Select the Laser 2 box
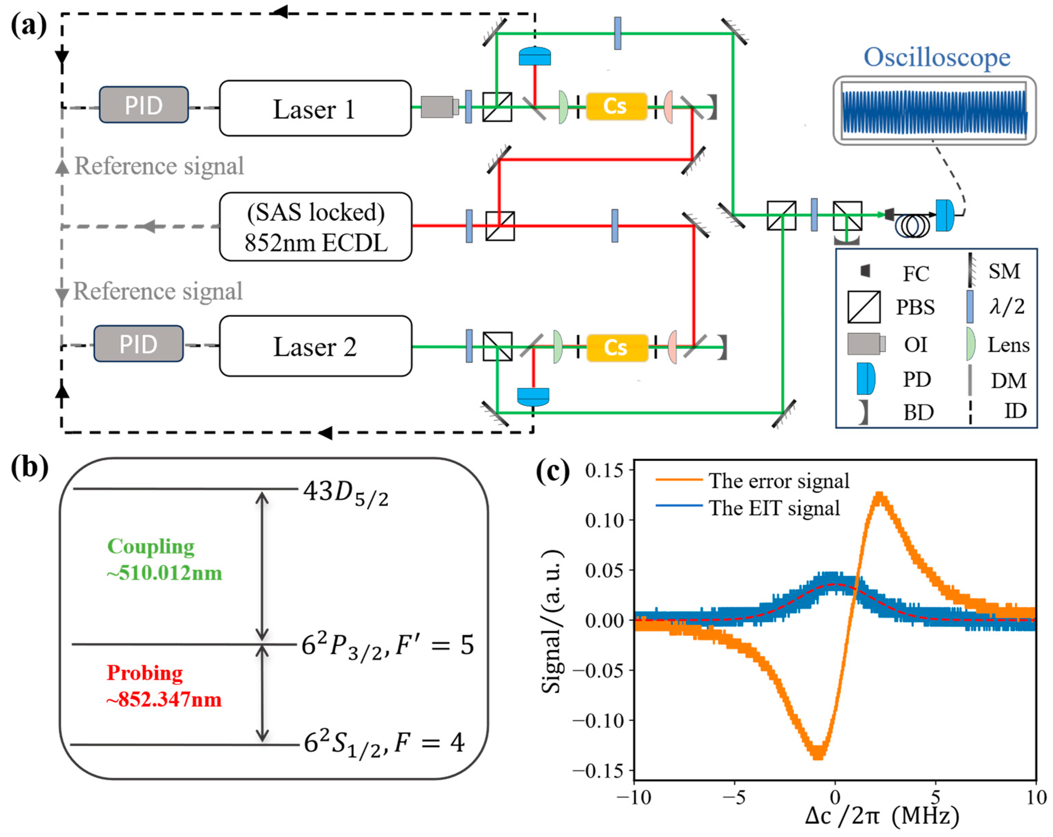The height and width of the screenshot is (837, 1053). (315, 346)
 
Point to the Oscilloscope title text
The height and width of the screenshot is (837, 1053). (937, 58)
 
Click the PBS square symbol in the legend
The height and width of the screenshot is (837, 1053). (864, 307)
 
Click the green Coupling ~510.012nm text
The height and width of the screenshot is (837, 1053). (164, 559)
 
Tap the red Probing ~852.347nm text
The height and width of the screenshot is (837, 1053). (164, 686)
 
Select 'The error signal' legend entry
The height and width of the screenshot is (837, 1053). (779, 481)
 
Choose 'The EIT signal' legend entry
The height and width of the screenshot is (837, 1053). (774, 508)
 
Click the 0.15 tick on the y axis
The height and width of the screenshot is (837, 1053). (604, 471)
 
